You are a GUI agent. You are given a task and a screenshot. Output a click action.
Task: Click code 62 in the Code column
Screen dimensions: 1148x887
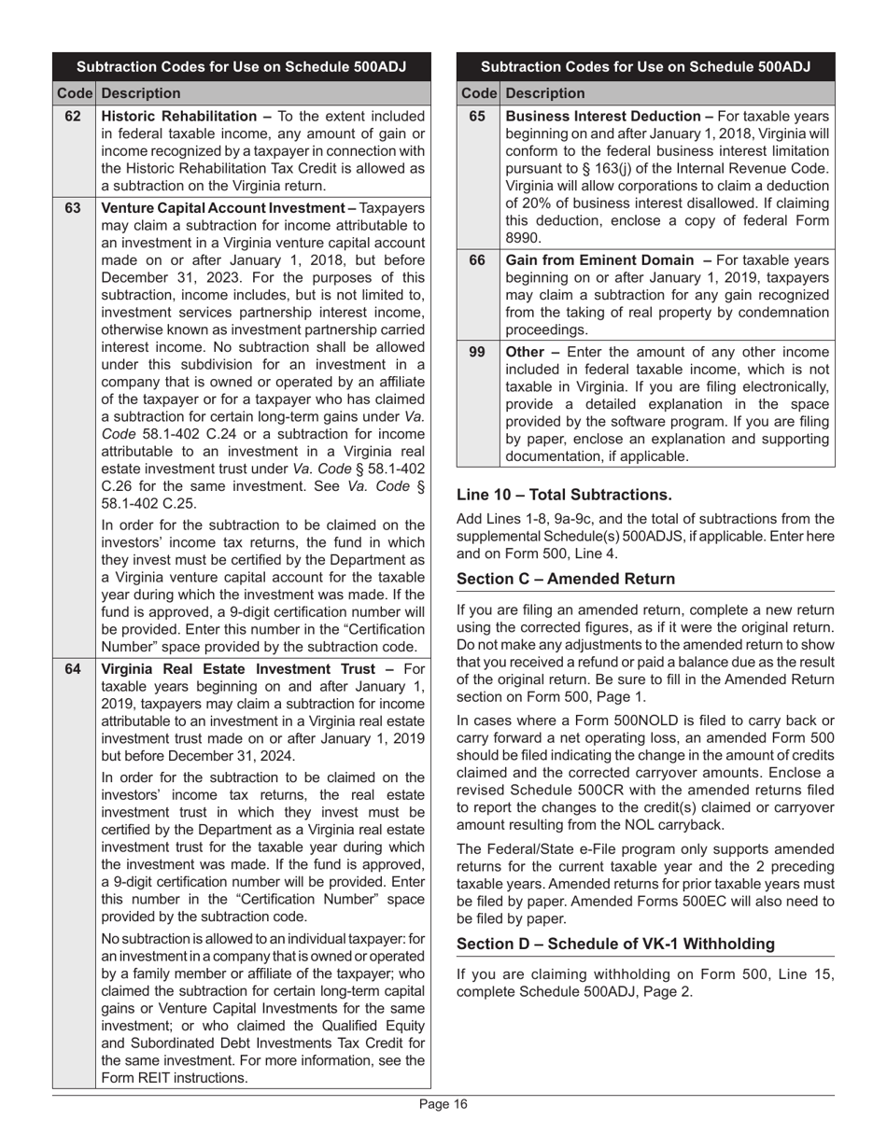pyautogui.click(x=73, y=117)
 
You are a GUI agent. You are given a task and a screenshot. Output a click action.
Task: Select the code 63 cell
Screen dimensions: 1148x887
pyautogui.click(x=73, y=208)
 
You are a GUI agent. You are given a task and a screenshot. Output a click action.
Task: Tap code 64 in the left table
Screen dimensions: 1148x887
pyautogui.click(x=73, y=668)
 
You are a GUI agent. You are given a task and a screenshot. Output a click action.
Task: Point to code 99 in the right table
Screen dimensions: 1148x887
pyautogui.click(x=477, y=352)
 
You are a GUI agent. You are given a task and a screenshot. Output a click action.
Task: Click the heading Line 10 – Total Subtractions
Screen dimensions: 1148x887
pyautogui.click(x=564, y=494)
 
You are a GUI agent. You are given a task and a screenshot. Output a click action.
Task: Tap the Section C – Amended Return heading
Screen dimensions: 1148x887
pyautogui.click(x=566, y=579)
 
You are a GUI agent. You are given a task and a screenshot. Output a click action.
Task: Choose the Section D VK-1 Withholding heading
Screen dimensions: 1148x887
pyautogui.click(x=616, y=944)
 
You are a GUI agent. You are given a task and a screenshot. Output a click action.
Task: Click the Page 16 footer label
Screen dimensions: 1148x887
pyautogui.click(x=443, y=1105)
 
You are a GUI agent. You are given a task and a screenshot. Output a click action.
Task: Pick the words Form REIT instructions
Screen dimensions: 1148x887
pyautogui.click(x=173, y=1077)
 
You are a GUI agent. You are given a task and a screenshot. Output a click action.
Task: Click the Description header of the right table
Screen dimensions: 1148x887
pyautogui.click(x=545, y=93)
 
